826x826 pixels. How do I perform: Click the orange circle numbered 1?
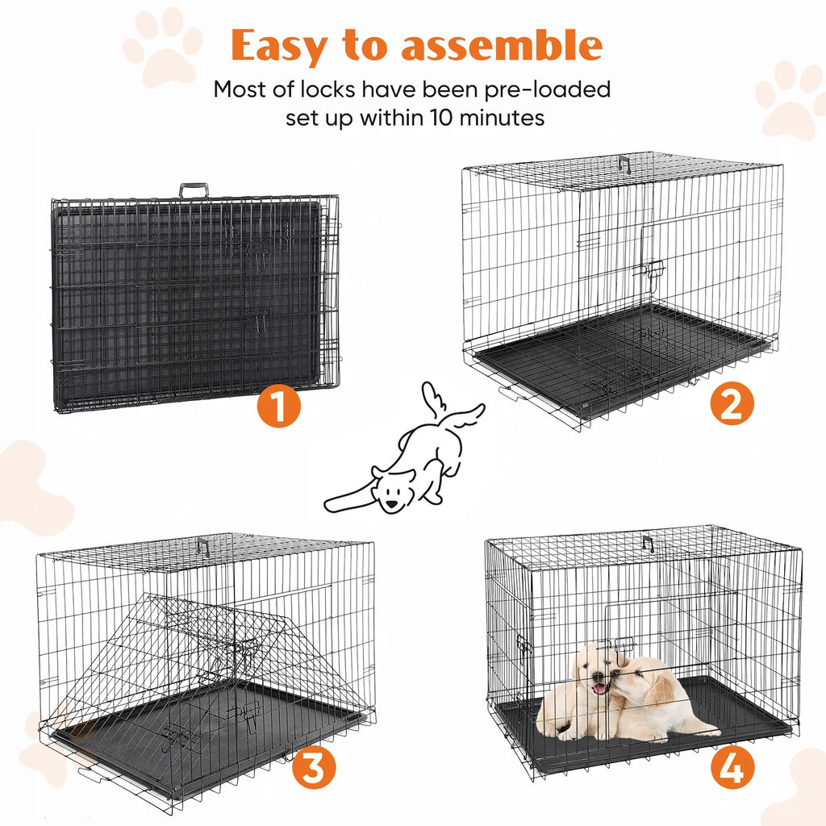tap(279, 407)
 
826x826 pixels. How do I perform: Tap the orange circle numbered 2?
tap(732, 403)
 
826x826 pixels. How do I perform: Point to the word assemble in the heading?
tap(502, 48)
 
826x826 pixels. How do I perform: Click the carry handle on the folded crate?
tap(194, 190)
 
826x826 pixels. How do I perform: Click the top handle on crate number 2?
tap(624, 164)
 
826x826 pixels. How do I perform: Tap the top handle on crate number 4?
tap(648, 543)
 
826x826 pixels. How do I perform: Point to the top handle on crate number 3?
tap(202, 546)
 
